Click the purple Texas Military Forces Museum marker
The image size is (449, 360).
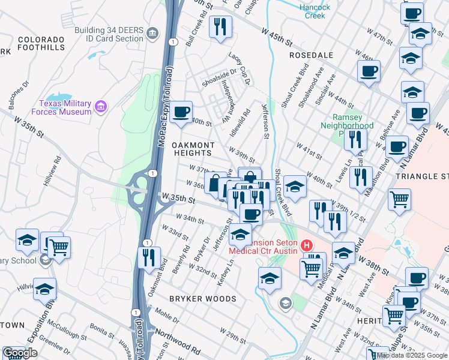[x=101, y=107]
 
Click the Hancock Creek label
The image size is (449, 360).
[x=315, y=11]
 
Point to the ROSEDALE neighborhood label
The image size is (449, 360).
[x=311, y=55]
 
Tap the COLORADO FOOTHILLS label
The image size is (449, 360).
[x=41, y=43]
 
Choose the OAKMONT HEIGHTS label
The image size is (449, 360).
[x=193, y=149]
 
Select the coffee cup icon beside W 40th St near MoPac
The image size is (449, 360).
[x=180, y=112]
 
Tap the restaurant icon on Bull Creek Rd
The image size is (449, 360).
[x=220, y=26]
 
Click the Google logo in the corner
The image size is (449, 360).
[x=20, y=353]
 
